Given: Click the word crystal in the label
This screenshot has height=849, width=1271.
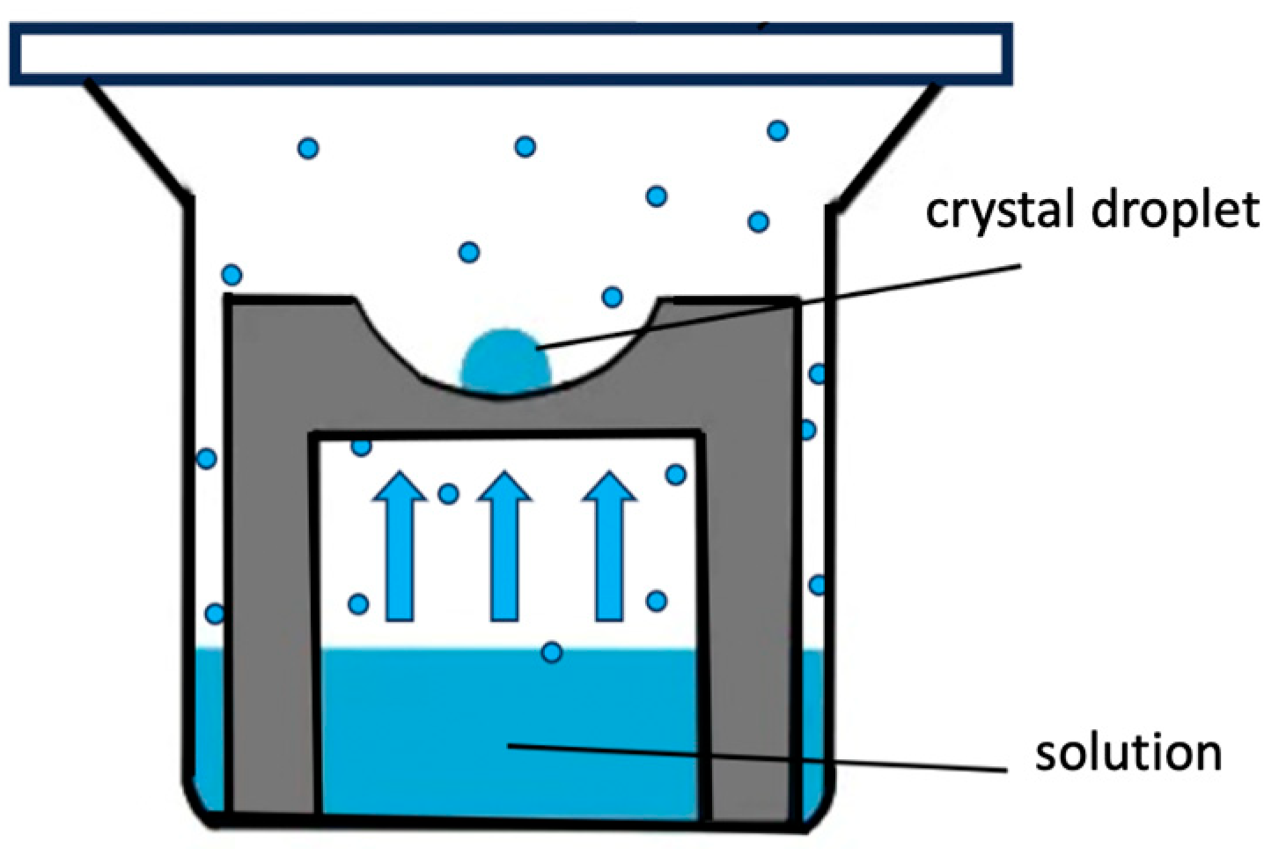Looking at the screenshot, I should (x=998, y=210).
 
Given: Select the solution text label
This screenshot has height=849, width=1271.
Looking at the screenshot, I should (x=1128, y=753).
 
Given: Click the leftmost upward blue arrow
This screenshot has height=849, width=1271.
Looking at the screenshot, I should (x=400, y=546).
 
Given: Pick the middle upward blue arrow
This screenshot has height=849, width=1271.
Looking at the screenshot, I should (x=504, y=546).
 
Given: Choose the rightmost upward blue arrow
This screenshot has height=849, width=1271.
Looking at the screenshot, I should (x=609, y=546).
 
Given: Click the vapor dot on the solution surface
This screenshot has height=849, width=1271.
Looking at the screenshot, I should (x=552, y=653).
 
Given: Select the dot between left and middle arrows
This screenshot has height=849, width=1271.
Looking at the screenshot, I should (x=448, y=493).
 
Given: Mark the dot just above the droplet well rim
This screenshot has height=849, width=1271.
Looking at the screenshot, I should (x=613, y=297).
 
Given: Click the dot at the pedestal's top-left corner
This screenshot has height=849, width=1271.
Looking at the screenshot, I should (x=231, y=275).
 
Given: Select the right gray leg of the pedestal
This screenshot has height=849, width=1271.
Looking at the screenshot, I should (x=748, y=564).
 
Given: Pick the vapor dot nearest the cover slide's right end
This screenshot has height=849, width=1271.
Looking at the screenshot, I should (x=777, y=130).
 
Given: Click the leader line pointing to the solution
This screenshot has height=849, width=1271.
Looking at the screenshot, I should (x=757, y=758).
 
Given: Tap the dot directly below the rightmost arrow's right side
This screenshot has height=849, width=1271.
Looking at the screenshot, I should (x=656, y=601).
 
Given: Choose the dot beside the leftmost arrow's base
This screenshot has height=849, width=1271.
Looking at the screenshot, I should (x=358, y=604).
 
